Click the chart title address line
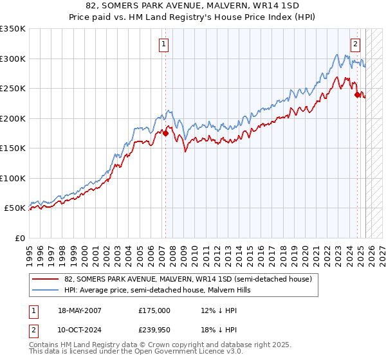[193, 6]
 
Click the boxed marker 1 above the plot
[165, 44]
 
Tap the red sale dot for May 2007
[165, 133]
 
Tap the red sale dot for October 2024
[357, 94]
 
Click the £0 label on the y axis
[19, 238]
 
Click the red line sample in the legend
[45, 279]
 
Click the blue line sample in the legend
[45, 290]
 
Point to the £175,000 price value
[154, 310]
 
